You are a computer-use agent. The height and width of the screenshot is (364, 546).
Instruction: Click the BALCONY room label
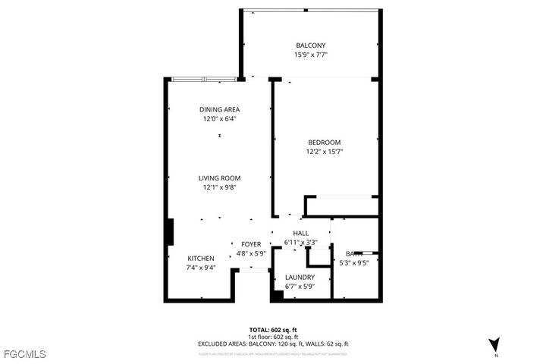[310, 45]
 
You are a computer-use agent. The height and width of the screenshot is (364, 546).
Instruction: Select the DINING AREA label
[220, 109]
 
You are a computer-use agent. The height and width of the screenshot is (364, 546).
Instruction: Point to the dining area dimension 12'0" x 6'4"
[220, 119]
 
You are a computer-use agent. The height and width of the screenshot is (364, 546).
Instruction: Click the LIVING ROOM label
[220, 178]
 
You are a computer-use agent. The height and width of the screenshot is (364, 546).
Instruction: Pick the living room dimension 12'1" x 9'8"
[220, 188]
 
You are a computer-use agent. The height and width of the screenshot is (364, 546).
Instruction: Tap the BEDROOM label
[324, 143]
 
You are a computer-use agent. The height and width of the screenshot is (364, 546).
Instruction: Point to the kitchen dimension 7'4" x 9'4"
[201, 268]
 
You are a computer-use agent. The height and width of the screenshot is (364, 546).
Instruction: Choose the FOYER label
[251, 243]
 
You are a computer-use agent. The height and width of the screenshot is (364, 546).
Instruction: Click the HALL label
[300, 234]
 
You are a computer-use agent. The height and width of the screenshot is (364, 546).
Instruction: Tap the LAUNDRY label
[300, 278]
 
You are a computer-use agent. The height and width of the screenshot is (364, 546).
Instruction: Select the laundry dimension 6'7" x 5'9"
[300, 287]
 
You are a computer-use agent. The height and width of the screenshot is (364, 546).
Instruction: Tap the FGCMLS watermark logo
[24, 353]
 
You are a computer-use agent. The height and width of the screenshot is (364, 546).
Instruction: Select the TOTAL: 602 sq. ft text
[273, 330]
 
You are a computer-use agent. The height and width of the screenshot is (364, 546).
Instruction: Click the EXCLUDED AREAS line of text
[273, 344]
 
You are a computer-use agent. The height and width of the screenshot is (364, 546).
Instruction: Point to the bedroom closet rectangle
[341, 206]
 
